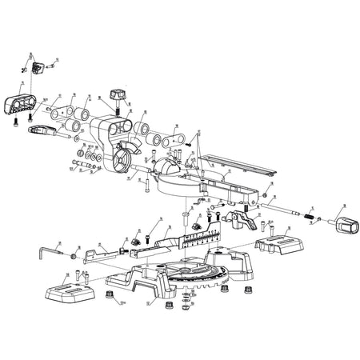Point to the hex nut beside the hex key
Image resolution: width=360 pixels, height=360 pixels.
(73, 257)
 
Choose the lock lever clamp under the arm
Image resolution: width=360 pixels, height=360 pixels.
(237, 214)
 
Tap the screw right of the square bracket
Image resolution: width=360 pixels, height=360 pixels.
(53, 67)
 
